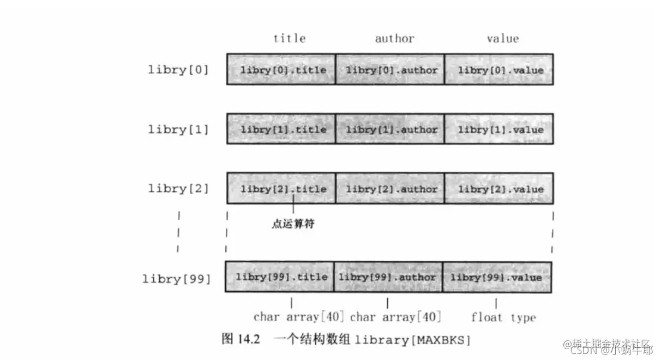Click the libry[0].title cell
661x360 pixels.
281,69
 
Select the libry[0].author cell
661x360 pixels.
390,69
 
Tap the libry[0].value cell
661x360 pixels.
499,69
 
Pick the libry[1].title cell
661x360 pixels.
281,129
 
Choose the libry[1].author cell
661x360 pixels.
390,129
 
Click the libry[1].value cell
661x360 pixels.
499,129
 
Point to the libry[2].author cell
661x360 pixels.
390,189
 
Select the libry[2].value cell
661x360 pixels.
499,189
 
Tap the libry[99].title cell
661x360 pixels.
279,277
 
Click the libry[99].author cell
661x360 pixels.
388,277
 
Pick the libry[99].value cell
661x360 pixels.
497,277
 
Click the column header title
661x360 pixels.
289,38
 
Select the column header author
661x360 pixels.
394,38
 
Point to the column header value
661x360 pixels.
502,38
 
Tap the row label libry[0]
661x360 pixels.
178,70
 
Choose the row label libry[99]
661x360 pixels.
176,278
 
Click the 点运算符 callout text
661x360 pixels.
293,224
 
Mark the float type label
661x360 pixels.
503,317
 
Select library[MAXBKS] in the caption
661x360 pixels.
412,340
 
